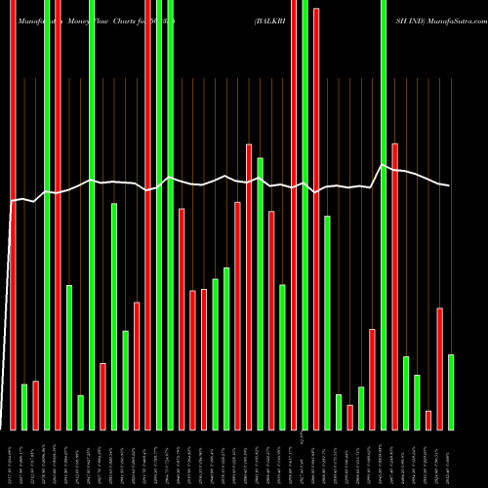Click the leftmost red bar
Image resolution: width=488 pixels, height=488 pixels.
[x=13, y=215]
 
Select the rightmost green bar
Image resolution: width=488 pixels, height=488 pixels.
[x=451, y=391]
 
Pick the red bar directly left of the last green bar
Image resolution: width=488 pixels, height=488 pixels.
[x=440, y=369]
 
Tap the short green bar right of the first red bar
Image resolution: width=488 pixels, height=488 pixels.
[x=24, y=407]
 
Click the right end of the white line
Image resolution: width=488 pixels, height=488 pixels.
[x=449, y=186]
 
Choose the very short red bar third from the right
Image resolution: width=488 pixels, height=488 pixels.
[x=428, y=420]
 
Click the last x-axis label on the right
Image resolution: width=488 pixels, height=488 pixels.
[x=451, y=459]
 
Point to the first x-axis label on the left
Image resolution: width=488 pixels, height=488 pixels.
[x=13, y=459]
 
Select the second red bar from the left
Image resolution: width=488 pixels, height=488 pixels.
[x=35, y=405]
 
